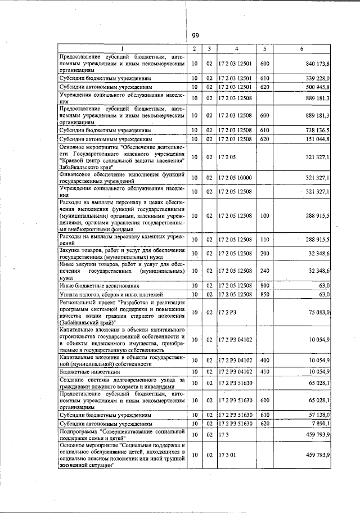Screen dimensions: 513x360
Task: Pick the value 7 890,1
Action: pos(321,423)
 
